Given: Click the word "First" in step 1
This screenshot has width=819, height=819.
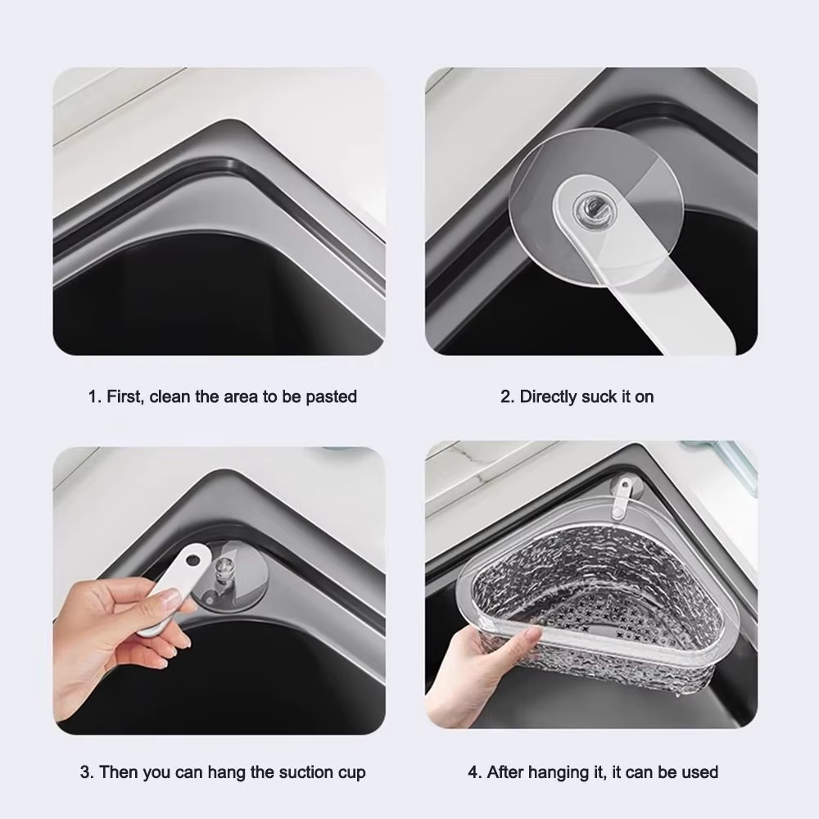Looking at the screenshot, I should click(124, 397).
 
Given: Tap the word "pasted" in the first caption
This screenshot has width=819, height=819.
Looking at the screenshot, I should click(331, 397).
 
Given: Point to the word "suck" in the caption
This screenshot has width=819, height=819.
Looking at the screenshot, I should click(600, 397).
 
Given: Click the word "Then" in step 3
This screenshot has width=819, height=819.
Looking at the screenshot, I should click(119, 772).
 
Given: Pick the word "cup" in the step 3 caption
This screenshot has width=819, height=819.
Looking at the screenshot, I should click(351, 772).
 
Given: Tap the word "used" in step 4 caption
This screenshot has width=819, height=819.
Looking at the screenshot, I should click(701, 772).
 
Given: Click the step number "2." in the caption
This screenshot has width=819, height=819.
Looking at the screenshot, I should click(507, 397).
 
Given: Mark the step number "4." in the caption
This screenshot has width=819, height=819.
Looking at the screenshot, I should click(474, 772).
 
